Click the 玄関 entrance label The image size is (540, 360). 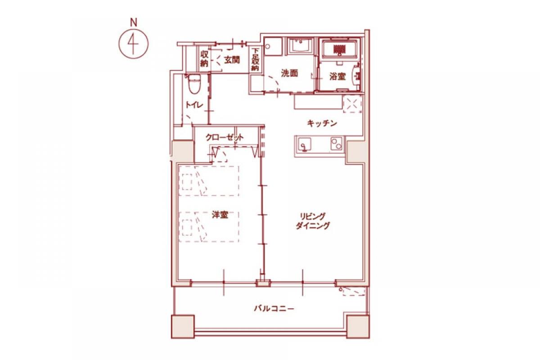point(232,60)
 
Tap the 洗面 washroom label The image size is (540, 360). point(289,73)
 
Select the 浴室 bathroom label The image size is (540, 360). point(337,77)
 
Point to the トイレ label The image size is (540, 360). point(194,105)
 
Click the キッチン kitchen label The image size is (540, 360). point(322,123)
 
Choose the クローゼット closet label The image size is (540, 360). point(225,138)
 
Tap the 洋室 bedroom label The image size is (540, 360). point(220,215)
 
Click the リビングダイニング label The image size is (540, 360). point(313,221)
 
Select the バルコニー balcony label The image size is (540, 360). point(274,309)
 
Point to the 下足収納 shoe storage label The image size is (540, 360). point(255,60)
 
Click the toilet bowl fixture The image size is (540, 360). point(194,83)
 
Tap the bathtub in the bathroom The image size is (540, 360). point(340,50)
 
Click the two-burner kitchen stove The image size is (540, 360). point(336,144)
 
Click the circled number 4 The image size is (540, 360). point(133,44)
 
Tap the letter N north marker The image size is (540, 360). point(133,22)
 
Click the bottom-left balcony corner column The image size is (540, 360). point(183,326)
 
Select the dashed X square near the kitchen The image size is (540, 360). point(352,103)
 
